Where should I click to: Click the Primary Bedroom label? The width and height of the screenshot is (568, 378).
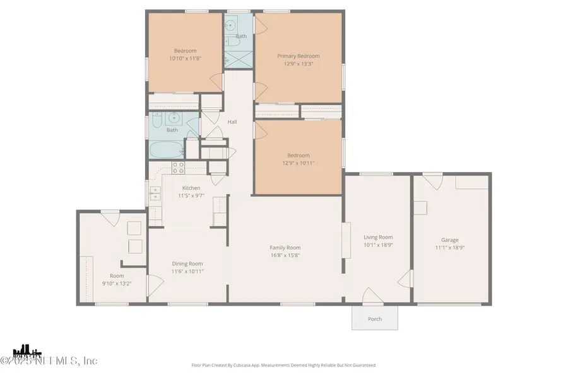(x=299, y=55)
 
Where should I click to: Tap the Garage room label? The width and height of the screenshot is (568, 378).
(x=449, y=239)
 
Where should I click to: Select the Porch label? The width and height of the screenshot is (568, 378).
(x=375, y=319)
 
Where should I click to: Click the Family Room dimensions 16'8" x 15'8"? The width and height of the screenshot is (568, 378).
(x=285, y=255)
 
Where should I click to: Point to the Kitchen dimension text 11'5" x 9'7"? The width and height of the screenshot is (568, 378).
(x=191, y=196)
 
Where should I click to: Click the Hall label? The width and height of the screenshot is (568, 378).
(x=232, y=122)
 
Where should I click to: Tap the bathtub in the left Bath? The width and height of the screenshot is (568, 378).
(x=166, y=151)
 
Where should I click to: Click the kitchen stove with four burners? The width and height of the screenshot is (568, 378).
(x=179, y=168)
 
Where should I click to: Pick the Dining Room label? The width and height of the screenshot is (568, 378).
(x=187, y=263)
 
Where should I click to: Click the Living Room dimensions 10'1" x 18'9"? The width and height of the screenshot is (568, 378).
(x=378, y=245)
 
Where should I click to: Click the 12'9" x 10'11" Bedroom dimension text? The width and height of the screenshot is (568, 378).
(x=299, y=163)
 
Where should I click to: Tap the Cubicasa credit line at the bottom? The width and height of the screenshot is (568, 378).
(x=283, y=365)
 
